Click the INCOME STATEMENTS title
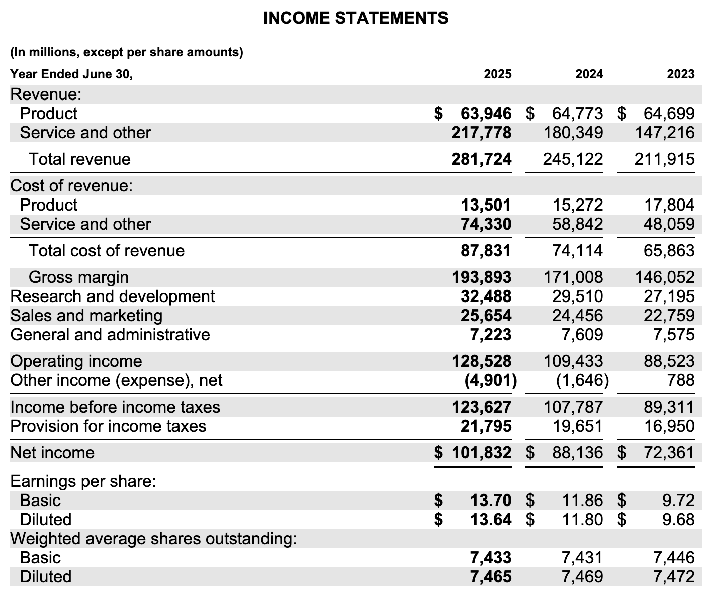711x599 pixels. [x=355, y=18]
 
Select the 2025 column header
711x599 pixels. [x=497, y=74]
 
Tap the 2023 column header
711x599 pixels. [x=680, y=74]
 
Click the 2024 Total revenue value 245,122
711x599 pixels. [x=573, y=159]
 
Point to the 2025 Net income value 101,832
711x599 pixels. [x=481, y=453]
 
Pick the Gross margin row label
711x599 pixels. [x=78, y=277]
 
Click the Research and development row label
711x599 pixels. [x=113, y=296]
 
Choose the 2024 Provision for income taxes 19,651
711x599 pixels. [x=577, y=426]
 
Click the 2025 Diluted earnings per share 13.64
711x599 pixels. [x=491, y=519]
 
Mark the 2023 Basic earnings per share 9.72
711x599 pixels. [x=678, y=501]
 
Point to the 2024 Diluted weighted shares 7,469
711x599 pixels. [x=582, y=576]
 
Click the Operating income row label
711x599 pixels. [x=76, y=361]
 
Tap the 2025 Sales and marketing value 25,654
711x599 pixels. [x=486, y=316]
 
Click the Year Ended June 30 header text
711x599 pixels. [x=71, y=74]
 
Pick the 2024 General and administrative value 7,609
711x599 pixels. [x=582, y=335]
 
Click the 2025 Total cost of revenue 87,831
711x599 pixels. [x=486, y=250]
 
